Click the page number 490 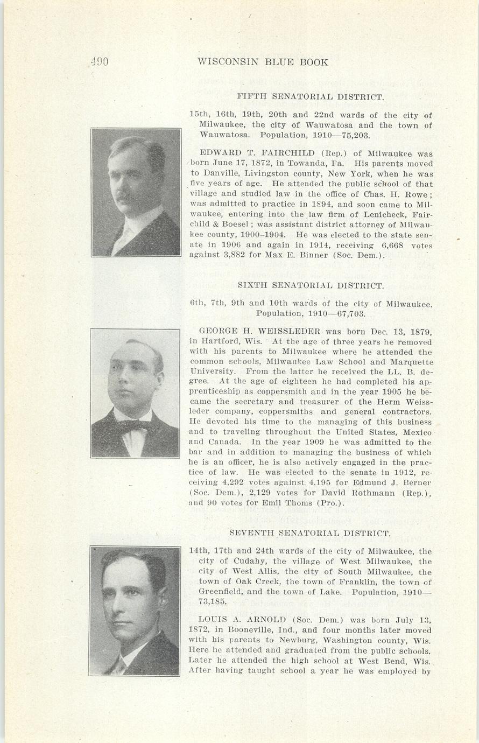(x=100, y=62)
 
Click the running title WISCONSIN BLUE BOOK (x=263, y=62)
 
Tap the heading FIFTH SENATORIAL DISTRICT (x=311, y=97)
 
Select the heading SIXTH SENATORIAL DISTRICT (x=311, y=286)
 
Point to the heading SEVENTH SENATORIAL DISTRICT (x=310, y=534)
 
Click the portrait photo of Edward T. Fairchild (x=136, y=192)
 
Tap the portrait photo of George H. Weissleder (x=135, y=393)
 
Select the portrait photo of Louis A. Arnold (x=135, y=611)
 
